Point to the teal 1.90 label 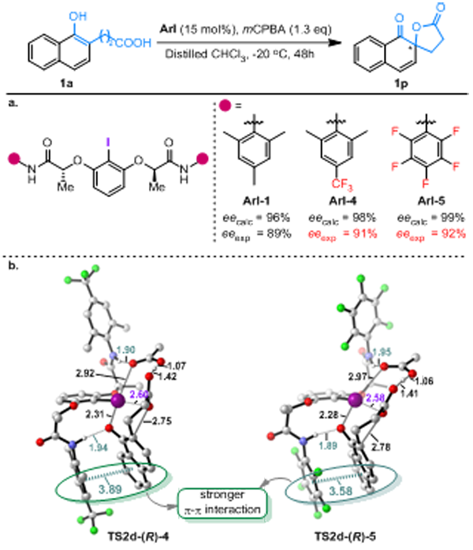pos(127,348)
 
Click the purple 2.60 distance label pos(139,395)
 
